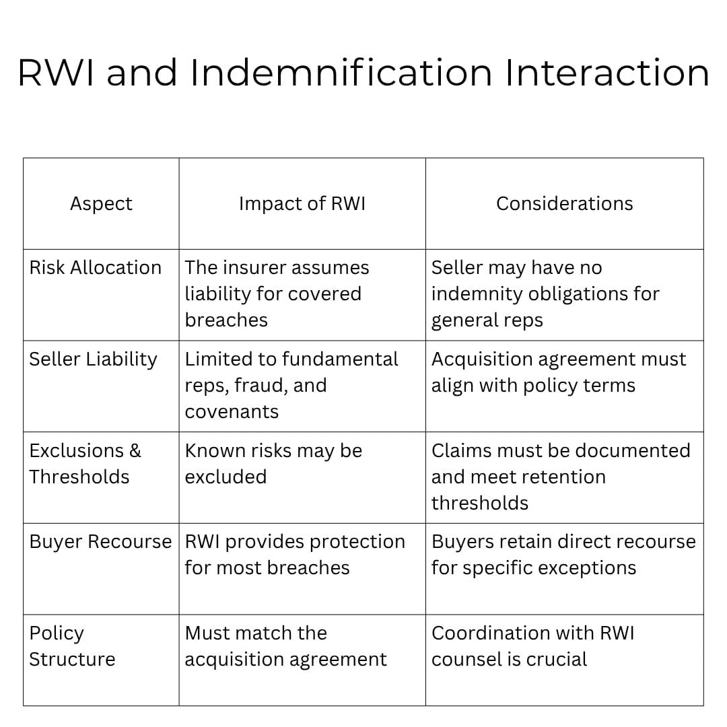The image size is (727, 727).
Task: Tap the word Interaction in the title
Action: tap(607, 73)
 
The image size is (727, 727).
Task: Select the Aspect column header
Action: tap(101, 204)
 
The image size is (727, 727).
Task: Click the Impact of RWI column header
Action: tap(302, 204)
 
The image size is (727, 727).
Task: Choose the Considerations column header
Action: tap(564, 204)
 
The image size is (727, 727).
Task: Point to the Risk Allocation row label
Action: tap(95, 268)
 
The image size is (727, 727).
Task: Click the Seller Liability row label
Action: tap(93, 359)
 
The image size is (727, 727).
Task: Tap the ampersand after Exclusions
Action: tap(135, 450)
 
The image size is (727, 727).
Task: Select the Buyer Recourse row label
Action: tap(100, 542)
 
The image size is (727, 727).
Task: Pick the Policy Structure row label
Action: tap(71, 646)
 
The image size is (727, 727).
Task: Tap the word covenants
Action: tap(232, 411)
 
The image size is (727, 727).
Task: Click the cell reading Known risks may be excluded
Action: tap(273, 463)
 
